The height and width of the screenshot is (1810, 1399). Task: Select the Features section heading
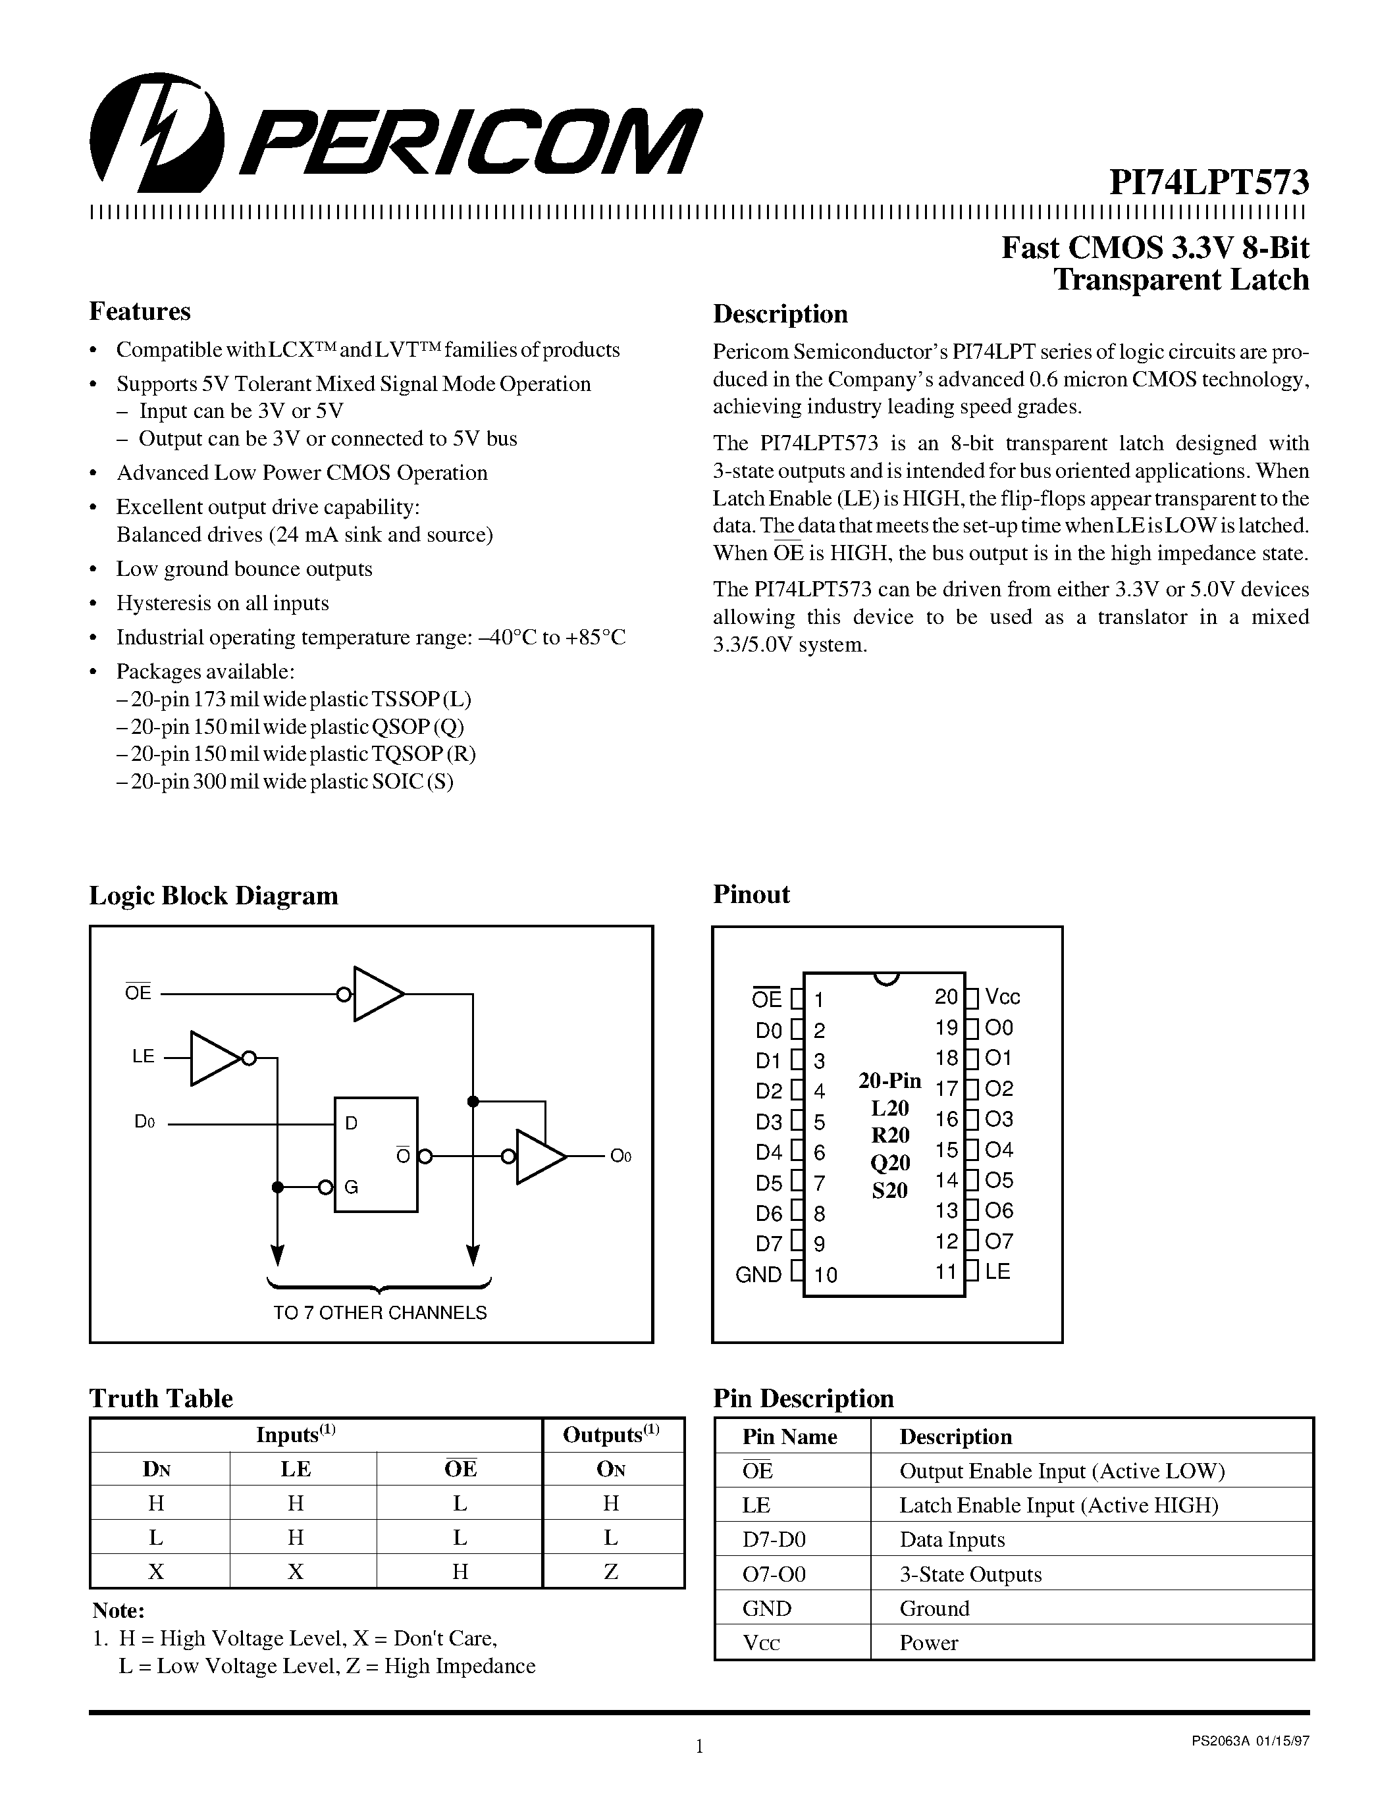(139, 311)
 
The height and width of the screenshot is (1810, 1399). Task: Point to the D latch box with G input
(375, 1154)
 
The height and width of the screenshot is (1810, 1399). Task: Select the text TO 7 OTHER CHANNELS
(380, 1313)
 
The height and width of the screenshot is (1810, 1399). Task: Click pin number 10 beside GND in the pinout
(826, 1275)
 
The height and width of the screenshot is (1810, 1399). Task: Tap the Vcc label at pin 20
(1002, 997)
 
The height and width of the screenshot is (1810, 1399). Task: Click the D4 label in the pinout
(768, 1152)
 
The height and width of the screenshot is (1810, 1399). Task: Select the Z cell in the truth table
(611, 1571)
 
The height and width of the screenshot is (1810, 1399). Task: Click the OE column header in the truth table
(460, 1468)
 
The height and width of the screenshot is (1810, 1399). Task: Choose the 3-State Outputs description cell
(970, 1574)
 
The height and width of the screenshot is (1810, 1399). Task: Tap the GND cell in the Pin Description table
(766, 1608)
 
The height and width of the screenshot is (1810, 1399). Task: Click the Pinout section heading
(751, 894)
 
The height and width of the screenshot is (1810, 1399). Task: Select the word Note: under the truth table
(118, 1611)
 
